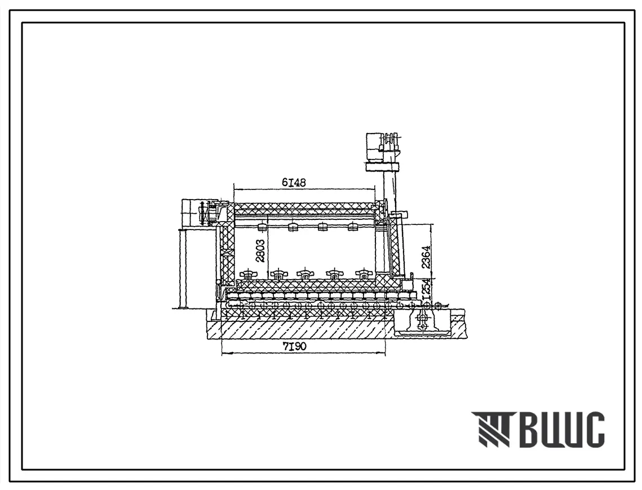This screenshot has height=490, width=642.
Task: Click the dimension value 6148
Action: [x=294, y=183]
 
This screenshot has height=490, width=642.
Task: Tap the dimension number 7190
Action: [x=294, y=346]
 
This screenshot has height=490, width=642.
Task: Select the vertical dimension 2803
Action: [x=260, y=251]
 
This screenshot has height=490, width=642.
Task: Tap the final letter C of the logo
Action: [x=594, y=429]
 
